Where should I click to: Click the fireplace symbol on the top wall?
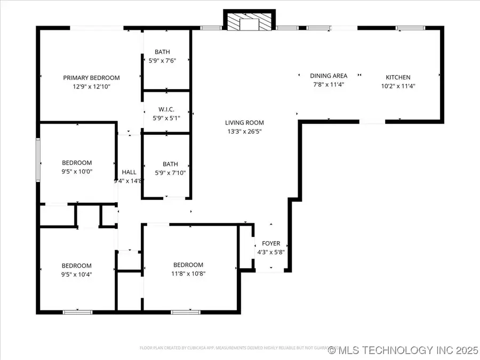tap(249, 22)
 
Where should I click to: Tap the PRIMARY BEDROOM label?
tap(91, 77)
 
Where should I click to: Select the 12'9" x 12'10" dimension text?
tap(91, 86)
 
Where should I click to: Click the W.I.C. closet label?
tap(167, 109)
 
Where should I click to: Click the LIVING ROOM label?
tap(244, 123)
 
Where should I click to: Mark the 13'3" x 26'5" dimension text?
tap(244, 131)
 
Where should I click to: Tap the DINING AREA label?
tap(329, 76)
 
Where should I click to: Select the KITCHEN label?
tap(398, 77)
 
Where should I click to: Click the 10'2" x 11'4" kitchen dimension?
tap(398, 86)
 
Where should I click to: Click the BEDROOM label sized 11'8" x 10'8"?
tap(188, 265)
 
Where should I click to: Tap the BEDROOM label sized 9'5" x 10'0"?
tap(77, 163)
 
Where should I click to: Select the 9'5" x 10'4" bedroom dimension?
tap(77, 274)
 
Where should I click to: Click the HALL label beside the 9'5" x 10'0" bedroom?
tap(129, 172)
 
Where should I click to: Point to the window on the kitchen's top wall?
tap(410, 27)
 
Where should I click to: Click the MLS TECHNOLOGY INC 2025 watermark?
tap(403, 350)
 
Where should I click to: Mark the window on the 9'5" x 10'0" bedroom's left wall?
tap(37, 159)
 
